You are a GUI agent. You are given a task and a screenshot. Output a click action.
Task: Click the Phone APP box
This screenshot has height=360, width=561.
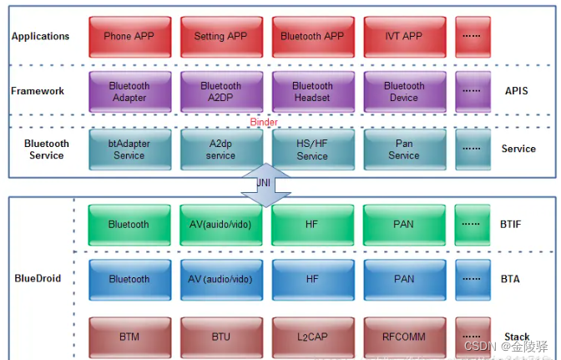click(x=129, y=36)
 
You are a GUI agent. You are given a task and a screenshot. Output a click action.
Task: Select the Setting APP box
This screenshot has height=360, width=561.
click(x=220, y=36)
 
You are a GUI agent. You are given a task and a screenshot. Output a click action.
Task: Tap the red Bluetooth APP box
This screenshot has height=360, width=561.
click(x=312, y=36)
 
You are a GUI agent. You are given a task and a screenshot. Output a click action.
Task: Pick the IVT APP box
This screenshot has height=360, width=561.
click(x=404, y=36)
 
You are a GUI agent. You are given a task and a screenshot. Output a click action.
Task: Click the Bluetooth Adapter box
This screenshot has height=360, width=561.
click(x=129, y=91)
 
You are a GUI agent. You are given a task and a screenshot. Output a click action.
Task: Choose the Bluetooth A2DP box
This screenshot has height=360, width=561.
click(x=220, y=91)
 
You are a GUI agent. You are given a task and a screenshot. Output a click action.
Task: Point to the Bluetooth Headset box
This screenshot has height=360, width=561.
click(x=312, y=91)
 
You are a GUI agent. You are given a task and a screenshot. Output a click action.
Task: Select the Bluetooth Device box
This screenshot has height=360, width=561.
click(x=404, y=91)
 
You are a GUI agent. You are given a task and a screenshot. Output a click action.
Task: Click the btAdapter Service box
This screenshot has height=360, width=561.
click(x=129, y=149)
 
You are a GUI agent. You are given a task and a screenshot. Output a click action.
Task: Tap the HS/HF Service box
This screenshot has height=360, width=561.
click(x=312, y=149)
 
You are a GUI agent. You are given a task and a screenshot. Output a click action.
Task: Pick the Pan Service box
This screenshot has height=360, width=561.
click(x=404, y=149)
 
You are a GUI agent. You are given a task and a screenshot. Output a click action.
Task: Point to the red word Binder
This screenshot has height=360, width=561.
click(x=265, y=122)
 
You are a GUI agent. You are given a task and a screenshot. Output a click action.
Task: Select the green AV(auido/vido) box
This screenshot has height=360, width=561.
click(x=220, y=225)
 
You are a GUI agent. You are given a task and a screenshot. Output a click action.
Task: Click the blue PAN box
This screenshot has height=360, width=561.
click(x=404, y=279)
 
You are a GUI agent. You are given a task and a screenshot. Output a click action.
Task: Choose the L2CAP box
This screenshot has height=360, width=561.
click(x=312, y=337)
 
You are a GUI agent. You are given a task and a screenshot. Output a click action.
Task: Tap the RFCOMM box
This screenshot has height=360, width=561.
click(x=404, y=337)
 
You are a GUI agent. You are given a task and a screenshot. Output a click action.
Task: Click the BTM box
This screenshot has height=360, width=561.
click(x=129, y=337)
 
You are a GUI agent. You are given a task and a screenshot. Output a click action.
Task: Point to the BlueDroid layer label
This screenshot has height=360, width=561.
click(x=38, y=278)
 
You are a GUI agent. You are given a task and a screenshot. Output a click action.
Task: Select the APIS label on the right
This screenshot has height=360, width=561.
click(x=518, y=91)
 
